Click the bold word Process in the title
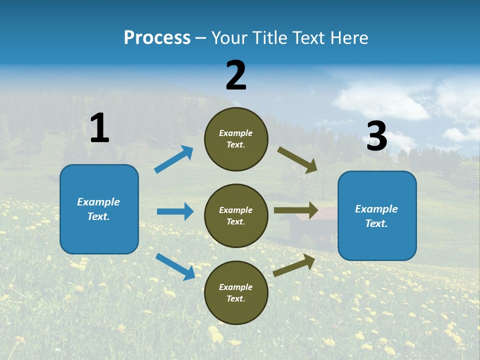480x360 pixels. pos(157,38)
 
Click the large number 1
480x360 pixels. pos(99,128)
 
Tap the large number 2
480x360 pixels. pos(236,75)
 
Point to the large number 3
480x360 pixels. pos(377,136)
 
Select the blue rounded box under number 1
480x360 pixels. pos(99,209)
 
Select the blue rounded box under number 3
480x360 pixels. pos(377,215)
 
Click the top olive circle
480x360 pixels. pos(236,139)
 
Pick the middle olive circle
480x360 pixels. pos(236,215)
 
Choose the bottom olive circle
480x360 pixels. pos(236,292)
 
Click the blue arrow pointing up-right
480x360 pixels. pos(174,159)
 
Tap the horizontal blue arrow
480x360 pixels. pos(175,211)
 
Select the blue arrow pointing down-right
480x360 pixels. pos(175,266)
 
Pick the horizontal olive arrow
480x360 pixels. pos(296,210)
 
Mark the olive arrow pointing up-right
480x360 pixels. pos(294,265)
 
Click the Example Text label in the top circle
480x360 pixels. pos(236,139)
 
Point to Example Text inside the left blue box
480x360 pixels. pos(99,209)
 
